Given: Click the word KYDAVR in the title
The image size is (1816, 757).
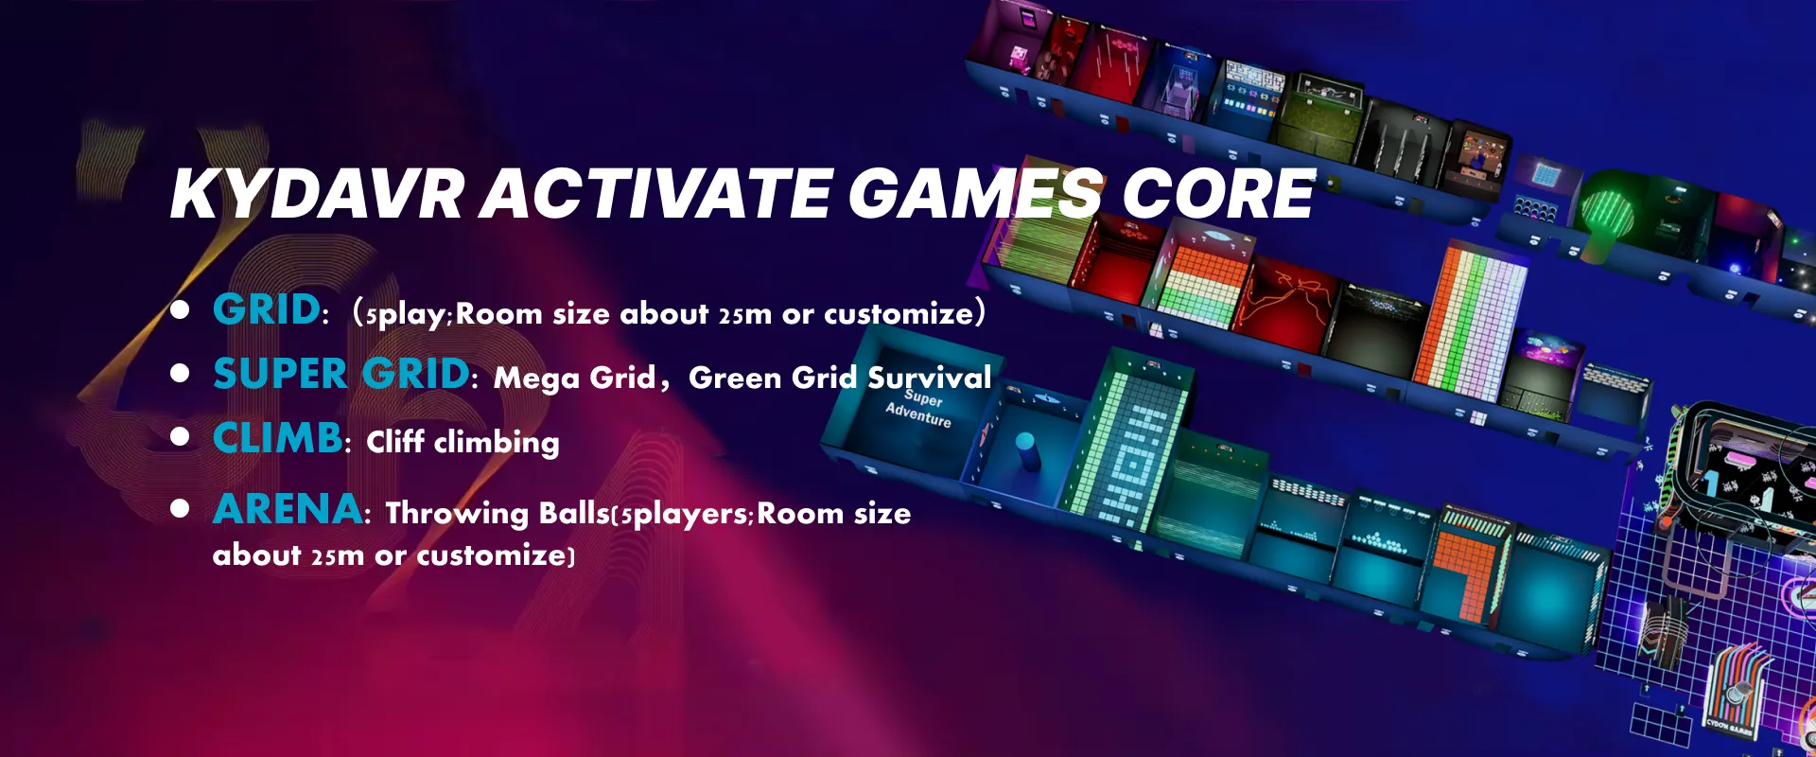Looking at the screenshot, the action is pyautogui.click(x=318, y=194).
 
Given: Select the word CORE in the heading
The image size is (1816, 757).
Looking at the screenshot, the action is pyautogui.click(x=1217, y=194).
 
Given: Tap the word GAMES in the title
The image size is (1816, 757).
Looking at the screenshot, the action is pyautogui.click(x=975, y=194).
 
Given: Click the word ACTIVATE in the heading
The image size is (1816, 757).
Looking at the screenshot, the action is pyautogui.click(x=656, y=194).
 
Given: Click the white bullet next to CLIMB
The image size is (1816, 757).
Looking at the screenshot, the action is pyautogui.click(x=180, y=437).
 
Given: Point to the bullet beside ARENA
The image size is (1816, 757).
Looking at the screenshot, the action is pyautogui.click(x=180, y=509).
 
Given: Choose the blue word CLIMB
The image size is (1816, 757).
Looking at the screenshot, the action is pyautogui.click(x=277, y=438).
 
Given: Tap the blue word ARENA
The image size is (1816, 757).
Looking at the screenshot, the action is pyautogui.click(x=287, y=509).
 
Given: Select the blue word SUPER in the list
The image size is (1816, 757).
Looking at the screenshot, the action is pyautogui.click(x=280, y=374).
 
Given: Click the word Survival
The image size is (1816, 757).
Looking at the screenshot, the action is pyautogui.click(x=930, y=378).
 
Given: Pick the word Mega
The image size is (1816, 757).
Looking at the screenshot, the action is pyautogui.click(x=536, y=378).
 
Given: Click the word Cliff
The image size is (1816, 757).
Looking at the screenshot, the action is pyautogui.click(x=395, y=441).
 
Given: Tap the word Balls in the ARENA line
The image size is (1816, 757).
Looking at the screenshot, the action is pyautogui.click(x=574, y=513).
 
